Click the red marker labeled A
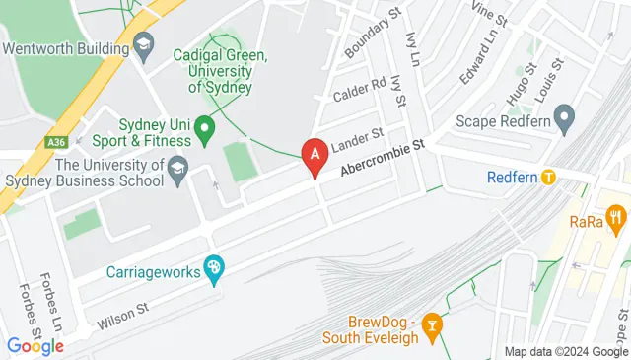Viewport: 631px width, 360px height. (315, 155)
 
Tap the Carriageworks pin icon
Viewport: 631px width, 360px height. (214, 267)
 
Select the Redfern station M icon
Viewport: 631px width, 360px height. (549, 178)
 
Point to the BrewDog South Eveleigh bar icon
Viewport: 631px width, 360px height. (430, 323)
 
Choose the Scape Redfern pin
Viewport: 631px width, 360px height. (564, 123)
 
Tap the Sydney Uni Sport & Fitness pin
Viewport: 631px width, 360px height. (204, 126)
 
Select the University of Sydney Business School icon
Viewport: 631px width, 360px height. (178, 167)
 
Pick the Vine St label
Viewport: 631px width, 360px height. (489, 14)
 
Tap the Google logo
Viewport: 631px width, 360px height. (35, 346)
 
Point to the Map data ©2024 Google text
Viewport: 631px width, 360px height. (567, 352)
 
